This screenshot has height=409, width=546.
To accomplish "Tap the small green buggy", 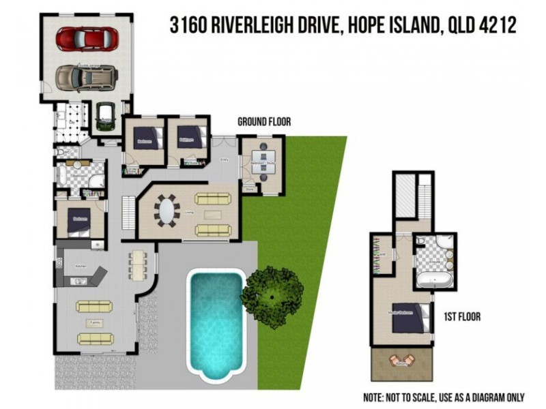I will (x=105, y=115).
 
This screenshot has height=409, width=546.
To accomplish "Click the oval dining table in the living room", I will (x=167, y=209).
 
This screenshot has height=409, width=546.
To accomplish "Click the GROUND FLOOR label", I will (x=263, y=122).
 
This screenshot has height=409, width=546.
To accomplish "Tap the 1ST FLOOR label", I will (x=463, y=316).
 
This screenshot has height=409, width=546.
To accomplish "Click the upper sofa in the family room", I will (x=93, y=307).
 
